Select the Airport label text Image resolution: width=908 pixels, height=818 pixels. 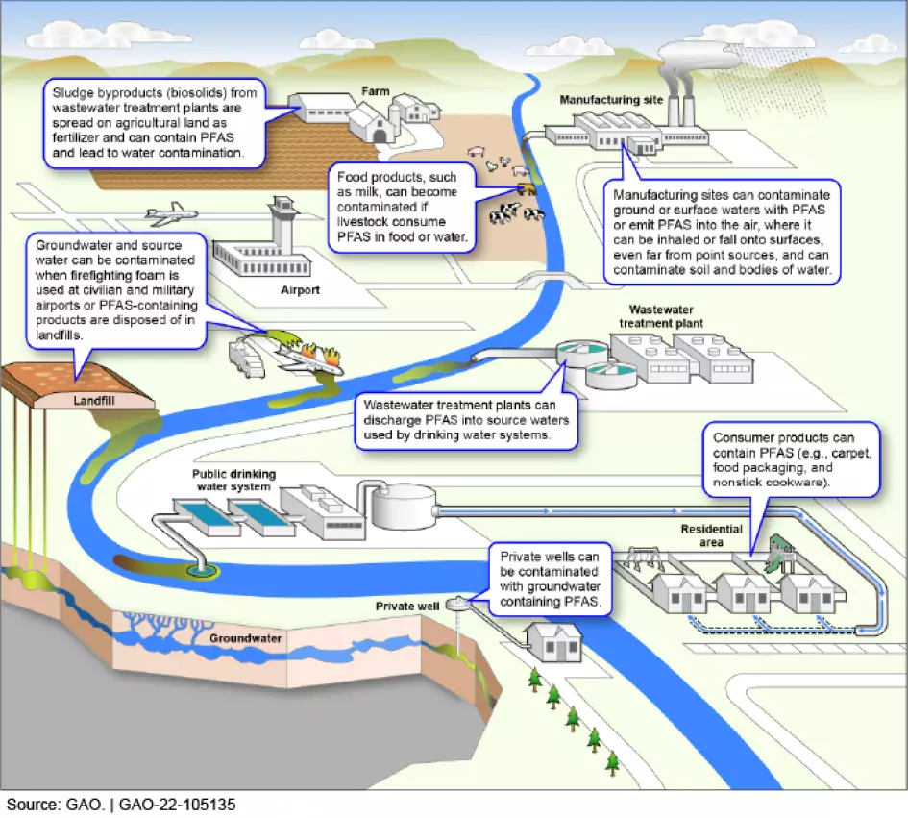pyautogui.click(x=300, y=288)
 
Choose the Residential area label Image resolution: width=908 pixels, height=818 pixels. pyautogui.click(x=712, y=535)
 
